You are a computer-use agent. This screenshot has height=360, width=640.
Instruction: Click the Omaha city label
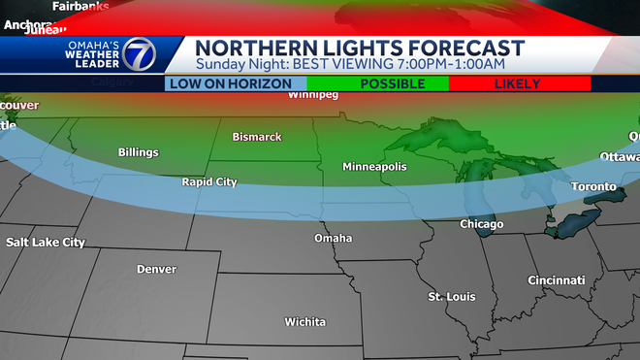(333, 238)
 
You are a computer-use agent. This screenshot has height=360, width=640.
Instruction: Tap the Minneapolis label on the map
(374, 167)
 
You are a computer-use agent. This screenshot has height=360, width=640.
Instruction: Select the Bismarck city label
(257, 137)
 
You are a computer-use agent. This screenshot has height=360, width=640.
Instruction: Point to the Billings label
(139, 152)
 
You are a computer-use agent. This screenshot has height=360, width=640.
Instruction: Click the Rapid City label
(208, 181)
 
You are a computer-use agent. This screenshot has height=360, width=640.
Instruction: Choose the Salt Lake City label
(46, 242)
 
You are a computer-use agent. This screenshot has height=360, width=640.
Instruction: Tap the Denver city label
(156, 269)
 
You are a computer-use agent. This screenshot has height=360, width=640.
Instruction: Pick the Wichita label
(304, 321)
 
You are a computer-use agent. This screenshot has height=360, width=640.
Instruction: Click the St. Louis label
(452, 296)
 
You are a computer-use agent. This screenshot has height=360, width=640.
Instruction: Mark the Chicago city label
(481, 224)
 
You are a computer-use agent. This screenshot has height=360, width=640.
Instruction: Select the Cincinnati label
(556, 279)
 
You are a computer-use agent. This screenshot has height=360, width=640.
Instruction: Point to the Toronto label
(593, 186)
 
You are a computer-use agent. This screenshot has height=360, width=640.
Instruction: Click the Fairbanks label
(80, 6)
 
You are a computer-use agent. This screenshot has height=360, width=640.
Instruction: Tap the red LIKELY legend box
(518, 84)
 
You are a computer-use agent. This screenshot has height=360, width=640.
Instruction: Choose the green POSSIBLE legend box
(378, 84)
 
